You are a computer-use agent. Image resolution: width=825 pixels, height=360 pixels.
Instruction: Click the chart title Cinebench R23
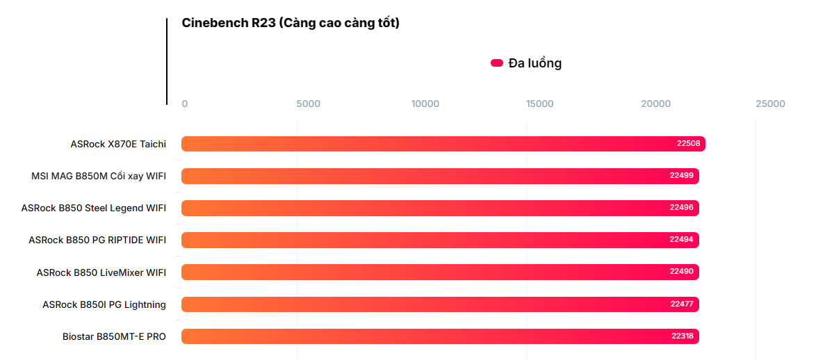click(x=290, y=23)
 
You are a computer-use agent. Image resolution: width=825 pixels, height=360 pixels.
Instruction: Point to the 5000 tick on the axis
click(x=308, y=104)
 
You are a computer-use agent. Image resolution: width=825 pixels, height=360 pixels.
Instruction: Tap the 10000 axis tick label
click(x=425, y=104)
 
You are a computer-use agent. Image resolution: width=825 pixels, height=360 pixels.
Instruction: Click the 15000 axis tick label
click(x=539, y=104)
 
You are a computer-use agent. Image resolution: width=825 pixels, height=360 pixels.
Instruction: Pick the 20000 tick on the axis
click(x=656, y=104)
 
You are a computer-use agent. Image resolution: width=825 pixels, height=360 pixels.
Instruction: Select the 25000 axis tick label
click(x=770, y=104)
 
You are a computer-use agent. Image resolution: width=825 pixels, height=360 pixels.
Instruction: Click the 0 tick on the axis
click(x=184, y=104)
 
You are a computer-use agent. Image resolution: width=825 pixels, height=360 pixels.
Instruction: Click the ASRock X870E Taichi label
click(x=118, y=144)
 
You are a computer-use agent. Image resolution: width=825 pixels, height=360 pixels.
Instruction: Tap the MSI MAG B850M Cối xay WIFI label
click(x=99, y=176)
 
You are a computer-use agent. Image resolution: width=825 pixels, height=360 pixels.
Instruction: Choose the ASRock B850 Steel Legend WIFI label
click(x=94, y=208)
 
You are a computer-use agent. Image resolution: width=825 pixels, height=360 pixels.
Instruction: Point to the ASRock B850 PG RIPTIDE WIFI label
click(x=97, y=240)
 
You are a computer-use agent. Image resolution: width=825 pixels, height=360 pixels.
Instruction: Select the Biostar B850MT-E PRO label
click(x=114, y=336)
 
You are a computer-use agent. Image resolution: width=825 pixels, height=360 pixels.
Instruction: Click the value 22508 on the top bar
click(x=688, y=144)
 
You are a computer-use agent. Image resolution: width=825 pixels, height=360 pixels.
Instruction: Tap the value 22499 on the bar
click(x=681, y=176)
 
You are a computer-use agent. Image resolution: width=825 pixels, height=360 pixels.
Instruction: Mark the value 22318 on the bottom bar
click(x=682, y=336)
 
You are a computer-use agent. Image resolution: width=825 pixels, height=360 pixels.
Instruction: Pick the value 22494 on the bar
click(x=681, y=240)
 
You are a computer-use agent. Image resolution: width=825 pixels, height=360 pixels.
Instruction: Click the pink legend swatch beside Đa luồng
click(x=497, y=63)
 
